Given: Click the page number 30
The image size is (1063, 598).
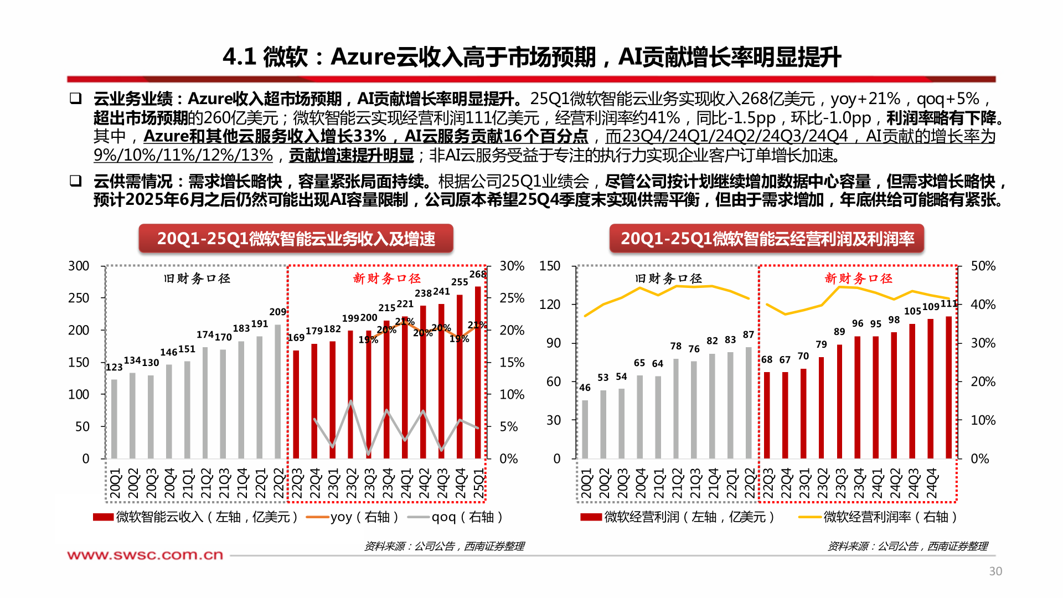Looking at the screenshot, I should pyautogui.click(x=995, y=571).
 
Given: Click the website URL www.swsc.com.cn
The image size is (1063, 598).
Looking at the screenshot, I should pyautogui.click(x=145, y=555).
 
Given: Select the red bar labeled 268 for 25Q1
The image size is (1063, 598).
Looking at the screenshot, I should pyautogui.click(x=478, y=372).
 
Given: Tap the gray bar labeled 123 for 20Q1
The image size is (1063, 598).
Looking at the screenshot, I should pyautogui.click(x=114, y=419).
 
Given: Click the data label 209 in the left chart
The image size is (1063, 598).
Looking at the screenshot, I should pyautogui.click(x=277, y=312).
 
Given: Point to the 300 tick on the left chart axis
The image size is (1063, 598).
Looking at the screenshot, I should pyautogui.click(x=79, y=266).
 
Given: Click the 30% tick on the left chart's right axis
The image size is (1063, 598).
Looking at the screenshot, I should pyautogui.click(x=512, y=266).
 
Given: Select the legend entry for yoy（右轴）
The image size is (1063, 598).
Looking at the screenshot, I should pyautogui.click(x=352, y=517).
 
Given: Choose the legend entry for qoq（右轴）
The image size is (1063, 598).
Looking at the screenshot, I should pyautogui.click(x=455, y=517).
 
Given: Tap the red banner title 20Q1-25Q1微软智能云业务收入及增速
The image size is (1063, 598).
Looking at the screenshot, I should pyautogui.click(x=296, y=239).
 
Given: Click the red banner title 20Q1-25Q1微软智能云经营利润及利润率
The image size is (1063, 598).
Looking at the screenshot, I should pyautogui.click(x=767, y=239).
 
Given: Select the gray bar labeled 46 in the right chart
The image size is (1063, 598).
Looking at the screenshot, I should pyautogui.click(x=585, y=429).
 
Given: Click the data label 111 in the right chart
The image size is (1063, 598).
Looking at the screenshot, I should pyautogui.click(x=948, y=304).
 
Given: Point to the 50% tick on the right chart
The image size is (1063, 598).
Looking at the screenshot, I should pyautogui.click(x=983, y=266).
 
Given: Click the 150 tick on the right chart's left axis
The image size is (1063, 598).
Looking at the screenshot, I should pyautogui.click(x=550, y=266).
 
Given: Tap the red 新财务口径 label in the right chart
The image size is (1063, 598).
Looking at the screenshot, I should pyautogui.click(x=858, y=279).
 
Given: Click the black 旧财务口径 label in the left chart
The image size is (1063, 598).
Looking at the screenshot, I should pyautogui.click(x=197, y=279).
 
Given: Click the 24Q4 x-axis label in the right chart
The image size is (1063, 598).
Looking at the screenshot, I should pyautogui.click(x=932, y=483).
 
